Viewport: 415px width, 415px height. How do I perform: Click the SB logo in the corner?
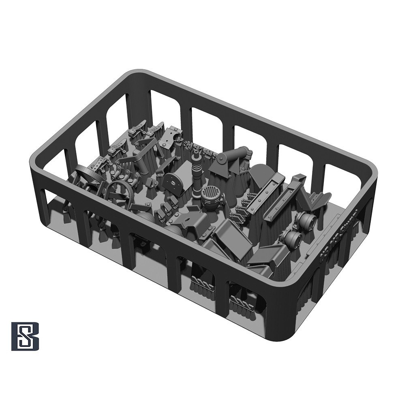(x=25, y=336)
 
